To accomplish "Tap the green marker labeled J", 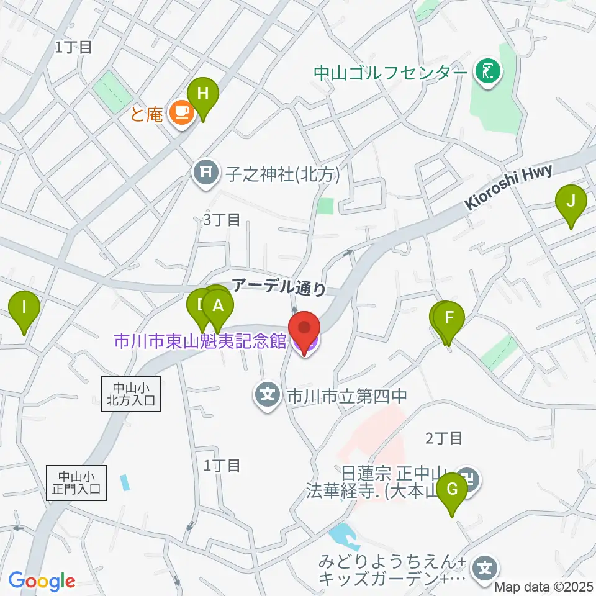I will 571,202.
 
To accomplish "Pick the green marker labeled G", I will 452,490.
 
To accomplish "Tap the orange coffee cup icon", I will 180,112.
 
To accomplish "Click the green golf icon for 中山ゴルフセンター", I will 487,73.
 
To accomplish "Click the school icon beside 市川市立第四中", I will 267,393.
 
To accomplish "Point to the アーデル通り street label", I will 279,286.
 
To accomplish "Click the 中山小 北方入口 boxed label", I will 130,394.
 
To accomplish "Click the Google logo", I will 42,581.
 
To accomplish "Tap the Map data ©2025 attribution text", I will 544,585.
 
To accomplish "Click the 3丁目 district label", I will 221,219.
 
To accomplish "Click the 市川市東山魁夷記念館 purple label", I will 199,341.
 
